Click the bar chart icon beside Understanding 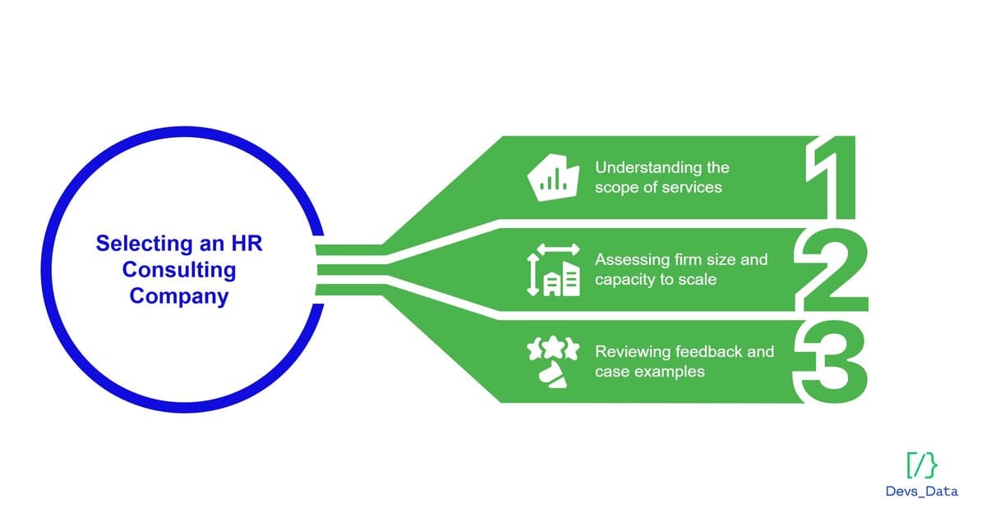coord(550,177)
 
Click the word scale coord(697,279)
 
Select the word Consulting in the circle coord(179,269)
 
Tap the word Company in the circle coord(178,295)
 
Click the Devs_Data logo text coord(921,490)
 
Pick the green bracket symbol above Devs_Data coord(921,464)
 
